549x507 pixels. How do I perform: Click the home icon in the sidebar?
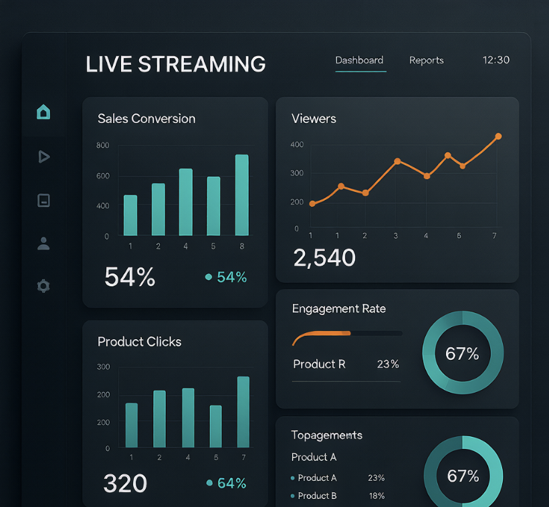click(43, 112)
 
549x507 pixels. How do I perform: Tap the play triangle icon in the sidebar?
click(43, 157)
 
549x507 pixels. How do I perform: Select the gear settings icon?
click(43, 286)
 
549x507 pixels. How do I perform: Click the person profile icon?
click(43, 243)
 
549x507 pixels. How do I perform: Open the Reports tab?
click(426, 60)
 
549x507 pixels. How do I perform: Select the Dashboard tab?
click(359, 60)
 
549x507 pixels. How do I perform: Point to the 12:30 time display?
click(496, 60)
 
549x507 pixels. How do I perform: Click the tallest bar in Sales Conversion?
click(242, 195)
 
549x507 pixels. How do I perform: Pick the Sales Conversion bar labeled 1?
click(130, 215)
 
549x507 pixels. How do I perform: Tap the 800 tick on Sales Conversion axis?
click(102, 145)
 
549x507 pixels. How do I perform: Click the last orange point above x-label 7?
click(498, 136)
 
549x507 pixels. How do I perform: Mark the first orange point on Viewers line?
click(312, 204)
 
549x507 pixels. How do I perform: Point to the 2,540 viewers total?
click(324, 258)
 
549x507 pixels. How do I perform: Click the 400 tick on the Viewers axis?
click(297, 144)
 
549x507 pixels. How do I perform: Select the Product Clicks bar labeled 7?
click(243, 412)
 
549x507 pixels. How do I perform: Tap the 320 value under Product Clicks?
click(125, 484)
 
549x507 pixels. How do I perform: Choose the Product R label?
click(320, 364)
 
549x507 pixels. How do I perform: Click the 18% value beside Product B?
click(376, 496)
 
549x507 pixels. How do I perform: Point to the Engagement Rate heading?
click(339, 309)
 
